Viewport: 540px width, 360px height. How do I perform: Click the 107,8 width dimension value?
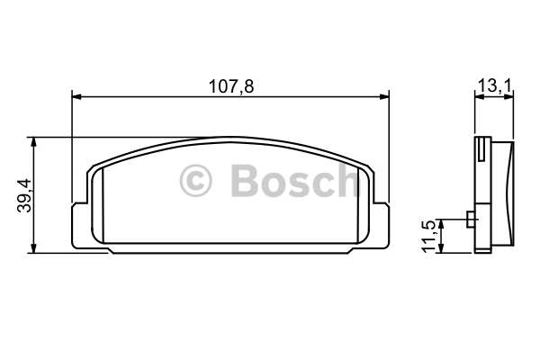tap(231, 86)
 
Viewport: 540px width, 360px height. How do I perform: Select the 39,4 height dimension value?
tap(24, 195)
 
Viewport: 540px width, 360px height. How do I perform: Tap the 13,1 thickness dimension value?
tap(495, 86)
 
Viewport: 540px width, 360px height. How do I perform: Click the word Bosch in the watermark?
tap(295, 181)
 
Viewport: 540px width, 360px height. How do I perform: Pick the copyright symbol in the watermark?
tap(195, 181)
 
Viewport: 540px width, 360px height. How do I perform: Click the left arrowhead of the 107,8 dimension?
tap(76, 97)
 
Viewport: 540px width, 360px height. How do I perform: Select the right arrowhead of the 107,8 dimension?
tap(384, 97)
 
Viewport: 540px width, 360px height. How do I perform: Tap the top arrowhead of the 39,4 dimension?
tap(33, 141)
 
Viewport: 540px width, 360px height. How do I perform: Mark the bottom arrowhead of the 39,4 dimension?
tap(33, 248)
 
